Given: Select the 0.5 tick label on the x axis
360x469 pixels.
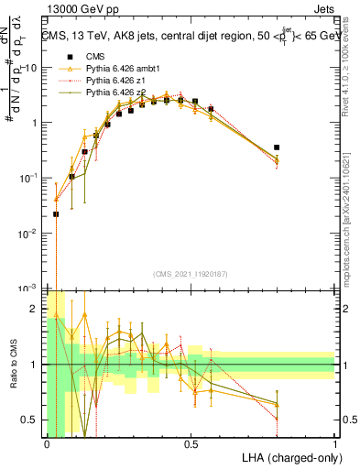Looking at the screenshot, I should tap(191, 444).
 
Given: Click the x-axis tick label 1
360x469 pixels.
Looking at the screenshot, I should tap(334, 444).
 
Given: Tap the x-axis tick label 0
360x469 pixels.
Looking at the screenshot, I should tap(47, 444).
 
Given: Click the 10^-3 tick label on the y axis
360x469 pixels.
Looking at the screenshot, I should tap(29, 288).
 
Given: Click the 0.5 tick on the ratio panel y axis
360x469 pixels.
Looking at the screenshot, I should tap(33, 420).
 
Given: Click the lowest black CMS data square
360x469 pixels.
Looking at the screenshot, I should tap(56, 213).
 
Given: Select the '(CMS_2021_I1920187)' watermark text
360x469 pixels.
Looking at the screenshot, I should tap(190, 274).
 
